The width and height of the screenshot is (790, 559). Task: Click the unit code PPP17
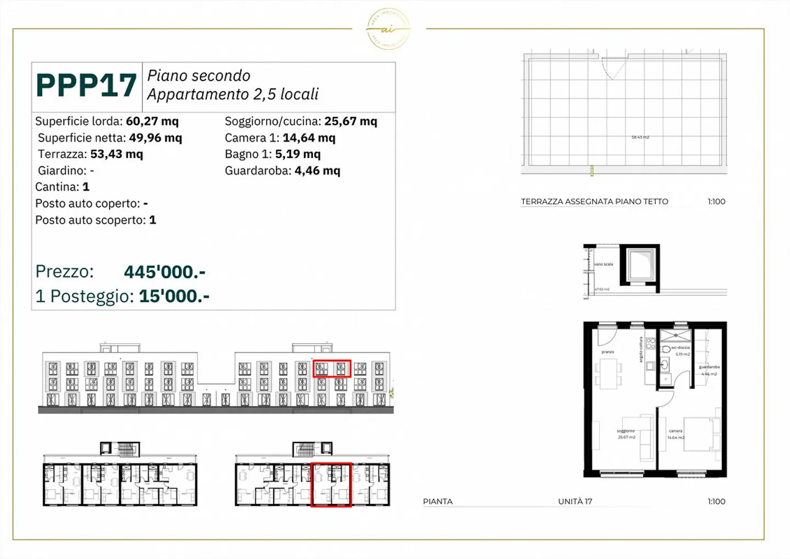(86, 86)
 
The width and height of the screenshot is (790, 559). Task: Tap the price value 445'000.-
(165, 272)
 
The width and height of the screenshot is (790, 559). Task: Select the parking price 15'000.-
(174, 297)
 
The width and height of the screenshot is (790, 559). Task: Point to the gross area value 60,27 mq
(152, 121)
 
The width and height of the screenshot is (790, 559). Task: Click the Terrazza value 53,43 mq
(116, 154)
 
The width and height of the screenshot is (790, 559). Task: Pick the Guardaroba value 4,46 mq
(317, 171)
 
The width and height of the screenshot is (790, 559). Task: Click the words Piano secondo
(199, 76)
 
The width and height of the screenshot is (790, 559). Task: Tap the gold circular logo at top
(388, 29)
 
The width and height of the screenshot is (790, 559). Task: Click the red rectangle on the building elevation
(331, 368)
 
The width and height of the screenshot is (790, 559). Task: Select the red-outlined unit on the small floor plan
(331, 484)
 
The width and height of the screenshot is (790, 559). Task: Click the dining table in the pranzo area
(608, 373)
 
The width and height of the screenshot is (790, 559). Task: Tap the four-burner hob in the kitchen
(651, 344)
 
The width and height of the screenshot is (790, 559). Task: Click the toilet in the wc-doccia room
(666, 349)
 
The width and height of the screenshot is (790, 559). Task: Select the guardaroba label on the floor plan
(709, 367)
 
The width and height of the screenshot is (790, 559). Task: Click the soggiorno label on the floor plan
(625, 431)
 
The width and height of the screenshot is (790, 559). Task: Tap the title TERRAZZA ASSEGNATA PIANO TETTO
(594, 202)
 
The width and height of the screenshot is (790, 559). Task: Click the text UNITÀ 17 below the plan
(575, 501)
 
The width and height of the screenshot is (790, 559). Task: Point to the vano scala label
(603, 264)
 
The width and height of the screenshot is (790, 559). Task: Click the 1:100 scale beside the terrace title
(716, 202)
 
